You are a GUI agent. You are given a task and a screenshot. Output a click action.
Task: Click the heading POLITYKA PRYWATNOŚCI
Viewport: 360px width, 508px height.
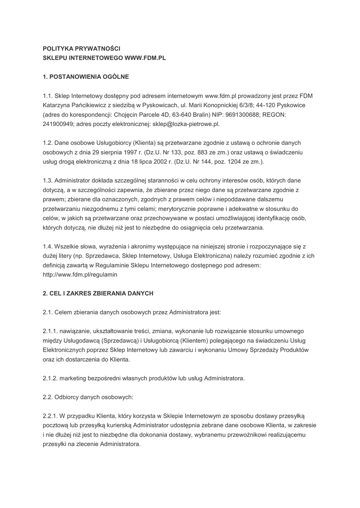pyautogui.click(x=78, y=49)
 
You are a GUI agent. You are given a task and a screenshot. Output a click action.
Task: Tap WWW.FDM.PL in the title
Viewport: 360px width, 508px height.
pyautogui.click(x=144, y=58)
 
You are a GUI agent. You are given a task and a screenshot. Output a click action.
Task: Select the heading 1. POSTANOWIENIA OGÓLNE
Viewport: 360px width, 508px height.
pyautogui.click(x=86, y=77)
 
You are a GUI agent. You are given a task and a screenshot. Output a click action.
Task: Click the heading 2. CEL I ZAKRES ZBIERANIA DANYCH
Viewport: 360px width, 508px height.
pyautogui.click(x=98, y=293)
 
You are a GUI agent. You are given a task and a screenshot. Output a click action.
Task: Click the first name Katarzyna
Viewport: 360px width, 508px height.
pyautogui.click(x=59, y=105)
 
